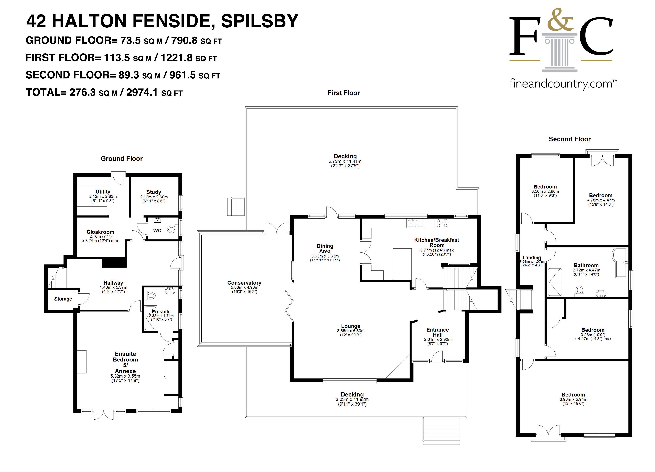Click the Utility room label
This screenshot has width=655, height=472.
coord(103,192)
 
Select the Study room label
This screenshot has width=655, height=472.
coord(154,192)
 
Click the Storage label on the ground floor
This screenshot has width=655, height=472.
coord(63,299)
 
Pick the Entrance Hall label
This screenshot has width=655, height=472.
coord(437,332)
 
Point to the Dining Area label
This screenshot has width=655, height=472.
coord(325,249)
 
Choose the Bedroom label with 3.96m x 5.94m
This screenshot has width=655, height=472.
coord(573,395)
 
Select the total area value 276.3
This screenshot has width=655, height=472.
coord(83,92)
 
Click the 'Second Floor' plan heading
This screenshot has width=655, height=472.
coord(569,139)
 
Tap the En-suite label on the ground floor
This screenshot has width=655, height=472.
coord(161,311)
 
